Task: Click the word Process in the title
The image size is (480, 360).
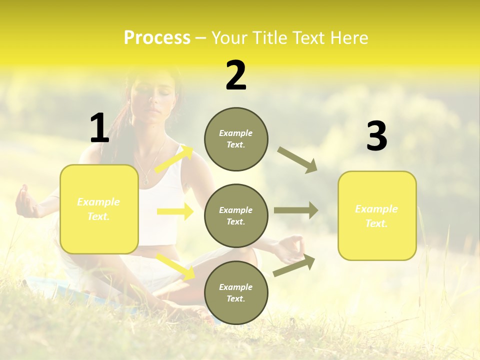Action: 157,38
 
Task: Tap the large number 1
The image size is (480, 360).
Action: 99,128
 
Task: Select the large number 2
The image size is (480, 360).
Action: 236,75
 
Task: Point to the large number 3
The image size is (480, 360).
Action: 376,136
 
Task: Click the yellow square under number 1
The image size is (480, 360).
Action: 99,209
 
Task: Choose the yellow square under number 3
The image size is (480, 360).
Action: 377,215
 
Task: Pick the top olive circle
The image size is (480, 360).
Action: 236,139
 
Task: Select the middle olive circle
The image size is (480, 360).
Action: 236,215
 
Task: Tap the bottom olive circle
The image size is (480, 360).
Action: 236,292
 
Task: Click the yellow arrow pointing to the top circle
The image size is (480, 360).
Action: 174,159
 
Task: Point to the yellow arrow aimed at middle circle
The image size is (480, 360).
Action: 175,211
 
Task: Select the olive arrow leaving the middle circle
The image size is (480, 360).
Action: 296,210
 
